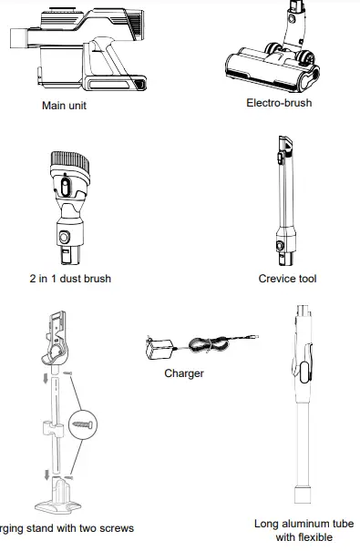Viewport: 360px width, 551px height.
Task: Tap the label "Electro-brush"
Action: click(x=279, y=103)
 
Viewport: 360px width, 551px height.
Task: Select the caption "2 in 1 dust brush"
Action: click(x=69, y=279)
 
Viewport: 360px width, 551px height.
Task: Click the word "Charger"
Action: click(x=184, y=373)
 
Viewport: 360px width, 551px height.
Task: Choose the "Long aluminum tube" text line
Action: click(x=303, y=524)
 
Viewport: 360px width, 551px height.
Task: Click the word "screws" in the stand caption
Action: click(x=116, y=528)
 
